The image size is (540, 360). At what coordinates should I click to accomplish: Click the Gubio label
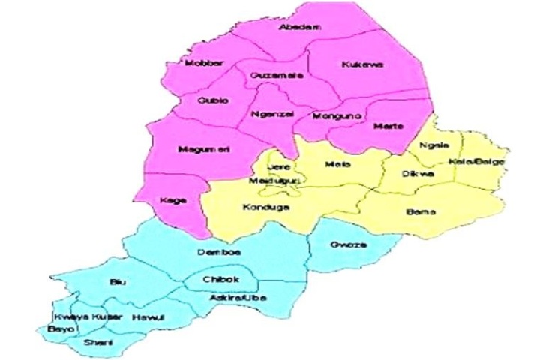[x=213, y=100]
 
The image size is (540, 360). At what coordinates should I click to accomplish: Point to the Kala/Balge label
[x=487, y=162]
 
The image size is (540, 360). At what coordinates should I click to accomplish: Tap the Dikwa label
[x=421, y=174]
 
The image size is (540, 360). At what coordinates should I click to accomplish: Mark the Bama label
[x=420, y=212]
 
